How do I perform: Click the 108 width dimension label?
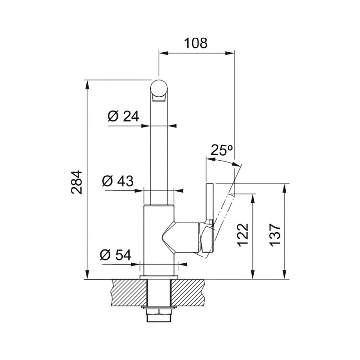(196, 43)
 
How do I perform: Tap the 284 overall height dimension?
(76, 182)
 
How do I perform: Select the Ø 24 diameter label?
(123, 116)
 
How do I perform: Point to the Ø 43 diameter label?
(118, 181)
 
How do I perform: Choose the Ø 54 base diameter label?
(116, 255)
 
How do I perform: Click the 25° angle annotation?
(221, 150)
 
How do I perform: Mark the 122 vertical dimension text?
(243, 235)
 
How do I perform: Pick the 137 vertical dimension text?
(275, 235)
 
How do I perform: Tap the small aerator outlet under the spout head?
(158, 99)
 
